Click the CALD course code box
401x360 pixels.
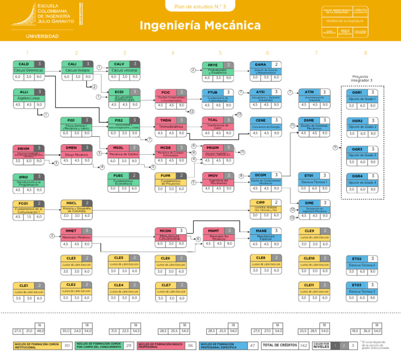click(x=23, y=64)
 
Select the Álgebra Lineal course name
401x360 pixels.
click(x=29, y=98)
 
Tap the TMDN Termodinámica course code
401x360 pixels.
click(x=167, y=120)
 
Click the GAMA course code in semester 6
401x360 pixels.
click(x=261, y=64)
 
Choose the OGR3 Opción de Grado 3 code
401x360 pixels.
click(x=357, y=149)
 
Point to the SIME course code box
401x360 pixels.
click(x=309, y=203)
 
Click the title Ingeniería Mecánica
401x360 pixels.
click(x=200, y=26)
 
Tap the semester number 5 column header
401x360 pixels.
click(x=220, y=53)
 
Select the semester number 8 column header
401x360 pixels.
click(x=365, y=53)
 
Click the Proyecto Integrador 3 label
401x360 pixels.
click(x=364, y=78)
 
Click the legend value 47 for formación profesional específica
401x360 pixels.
click(x=253, y=345)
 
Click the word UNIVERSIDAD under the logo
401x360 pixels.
click(x=42, y=36)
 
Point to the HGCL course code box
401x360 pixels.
click(x=72, y=203)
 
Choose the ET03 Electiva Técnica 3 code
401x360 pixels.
click(x=357, y=285)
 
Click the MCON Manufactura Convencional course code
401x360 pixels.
click(x=166, y=230)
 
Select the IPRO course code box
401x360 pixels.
click(x=23, y=177)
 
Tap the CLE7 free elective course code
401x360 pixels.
click(x=166, y=285)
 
